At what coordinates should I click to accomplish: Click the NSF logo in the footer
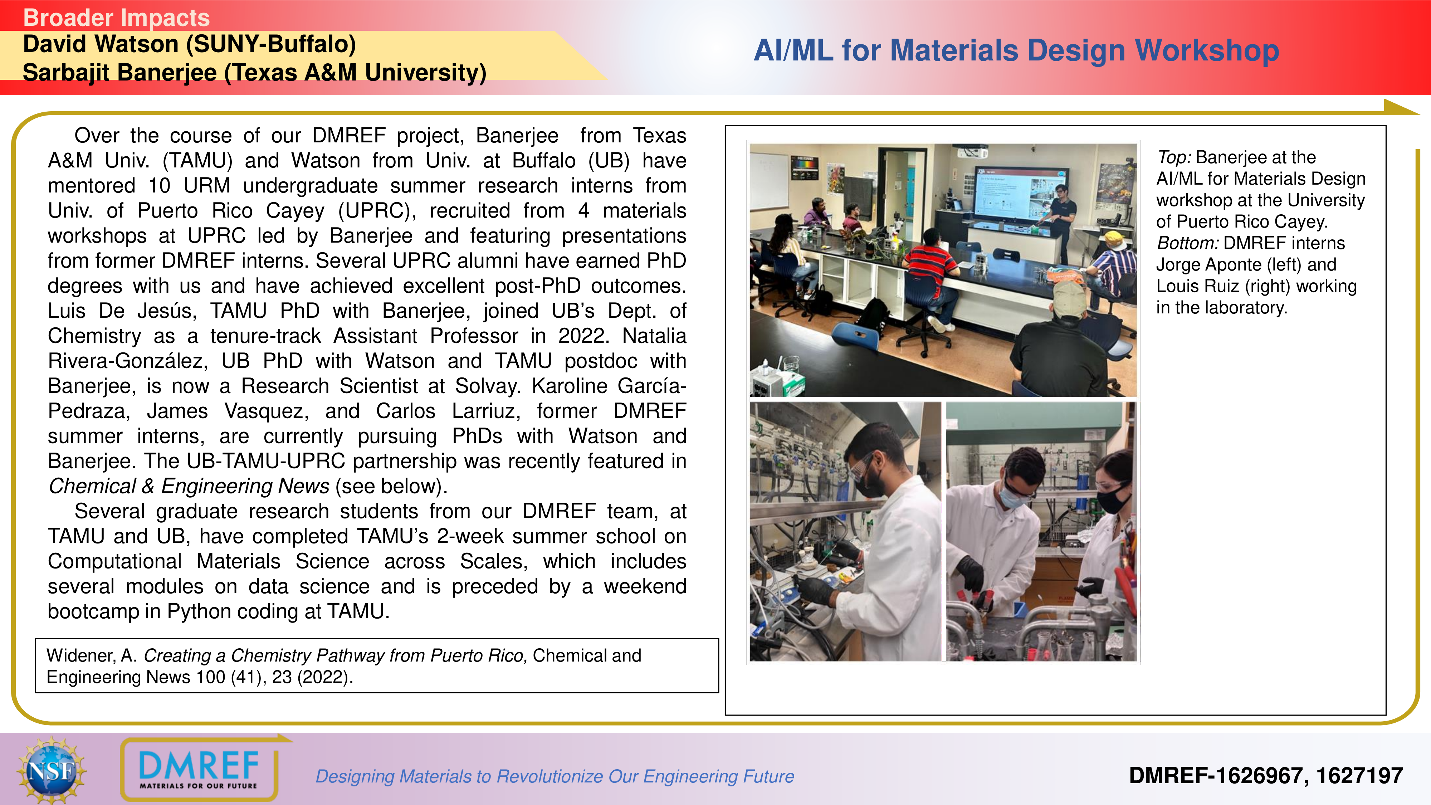(x=52, y=770)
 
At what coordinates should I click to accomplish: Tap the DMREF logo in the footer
(x=199, y=769)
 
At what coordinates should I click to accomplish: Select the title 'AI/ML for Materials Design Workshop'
(x=1016, y=50)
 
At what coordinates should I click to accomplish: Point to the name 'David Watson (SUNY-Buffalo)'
(x=190, y=44)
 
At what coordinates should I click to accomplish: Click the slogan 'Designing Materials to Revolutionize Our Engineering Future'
(x=555, y=776)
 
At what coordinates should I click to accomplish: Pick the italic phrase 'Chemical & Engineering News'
(x=189, y=486)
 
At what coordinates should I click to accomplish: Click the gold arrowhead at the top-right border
(x=1401, y=108)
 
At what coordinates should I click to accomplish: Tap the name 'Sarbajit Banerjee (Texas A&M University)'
(x=254, y=73)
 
